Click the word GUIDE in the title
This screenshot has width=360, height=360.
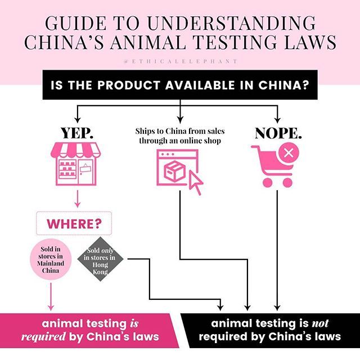click(x=70, y=24)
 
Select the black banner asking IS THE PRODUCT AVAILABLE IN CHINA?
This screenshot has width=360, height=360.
click(x=180, y=88)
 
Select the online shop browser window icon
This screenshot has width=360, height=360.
click(x=173, y=167)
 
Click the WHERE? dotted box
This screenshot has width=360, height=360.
click(x=74, y=223)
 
